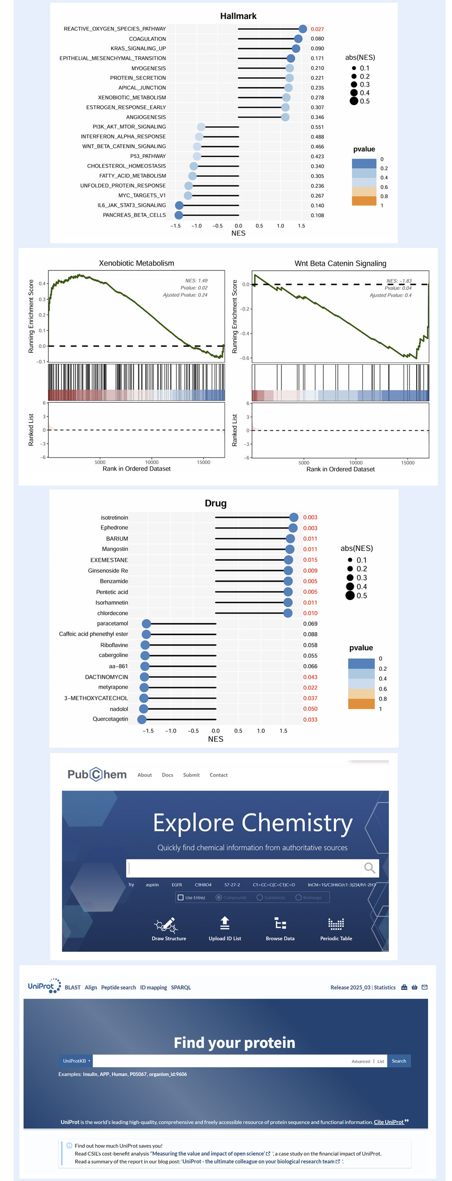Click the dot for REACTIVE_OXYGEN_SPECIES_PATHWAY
(x=302, y=29)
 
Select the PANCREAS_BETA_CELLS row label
(x=134, y=215)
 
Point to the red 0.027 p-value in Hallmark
(x=317, y=29)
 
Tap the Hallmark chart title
(x=238, y=16)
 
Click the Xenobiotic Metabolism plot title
(x=137, y=263)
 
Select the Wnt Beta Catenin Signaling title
(x=340, y=264)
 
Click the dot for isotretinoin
(x=294, y=517)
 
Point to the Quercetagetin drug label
(x=110, y=719)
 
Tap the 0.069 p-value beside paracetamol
(x=310, y=623)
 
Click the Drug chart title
(x=216, y=503)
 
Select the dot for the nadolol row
(x=144, y=709)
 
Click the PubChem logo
(x=97, y=774)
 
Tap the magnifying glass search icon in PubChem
(x=369, y=868)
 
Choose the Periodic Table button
(x=336, y=928)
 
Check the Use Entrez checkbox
(x=180, y=897)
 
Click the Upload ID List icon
(x=225, y=923)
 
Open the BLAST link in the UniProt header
(x=72, y=987)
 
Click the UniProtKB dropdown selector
(x=76, y=1061)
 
